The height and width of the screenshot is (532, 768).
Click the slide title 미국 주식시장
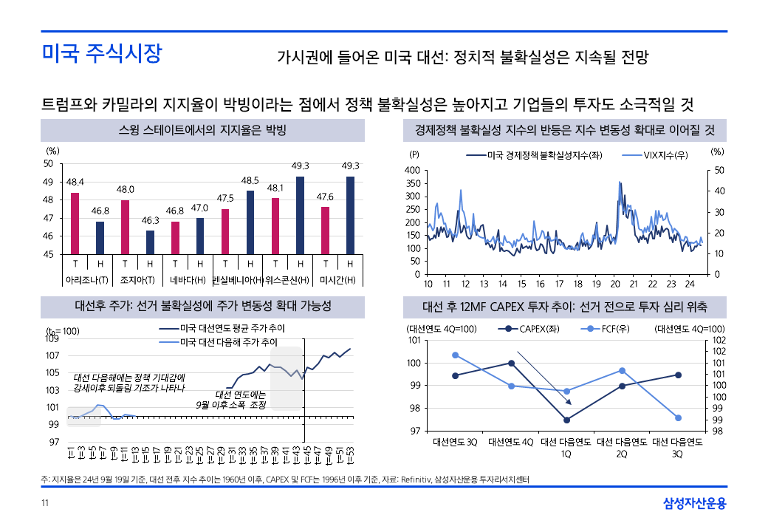[101, 54]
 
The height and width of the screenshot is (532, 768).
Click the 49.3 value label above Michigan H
[350, 166]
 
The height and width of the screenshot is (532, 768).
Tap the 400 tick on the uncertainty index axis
[413, 171]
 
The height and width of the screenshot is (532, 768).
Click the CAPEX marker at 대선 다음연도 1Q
[566, 420]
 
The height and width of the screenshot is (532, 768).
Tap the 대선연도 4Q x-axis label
[511, 442]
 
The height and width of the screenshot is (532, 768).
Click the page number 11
[45, 504]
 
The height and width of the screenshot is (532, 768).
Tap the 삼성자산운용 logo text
[694, 504]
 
